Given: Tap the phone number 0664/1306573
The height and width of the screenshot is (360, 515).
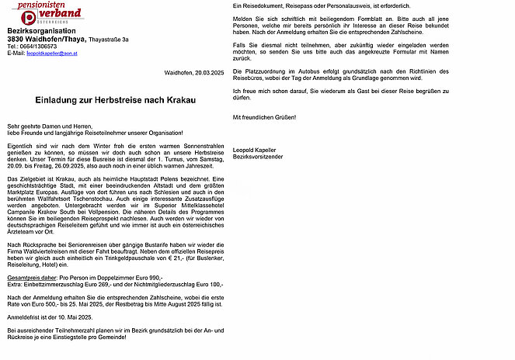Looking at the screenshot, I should [37, 47].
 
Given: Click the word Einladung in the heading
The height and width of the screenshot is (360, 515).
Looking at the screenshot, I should [62, 102].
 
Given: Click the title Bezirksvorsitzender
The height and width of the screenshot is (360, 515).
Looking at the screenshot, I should [259, 157].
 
